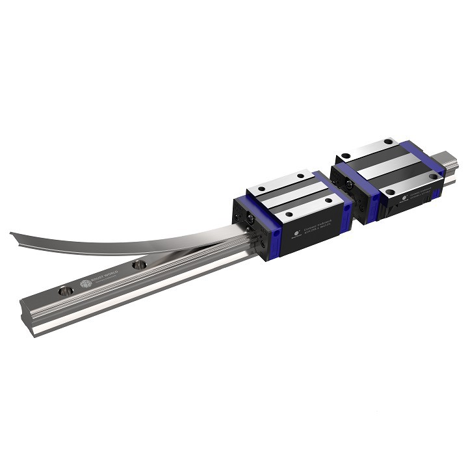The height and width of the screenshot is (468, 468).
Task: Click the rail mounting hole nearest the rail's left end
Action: [x=66, y=291]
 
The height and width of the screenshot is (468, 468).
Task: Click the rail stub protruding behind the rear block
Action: [x=448, y=160]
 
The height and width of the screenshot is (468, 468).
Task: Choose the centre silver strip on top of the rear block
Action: [x=390, y=163]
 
